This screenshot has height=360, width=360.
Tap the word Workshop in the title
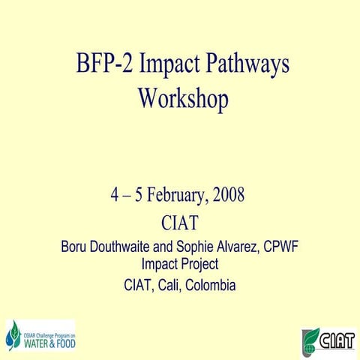coord(182,99)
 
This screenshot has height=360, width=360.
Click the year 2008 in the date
coord(229,196)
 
